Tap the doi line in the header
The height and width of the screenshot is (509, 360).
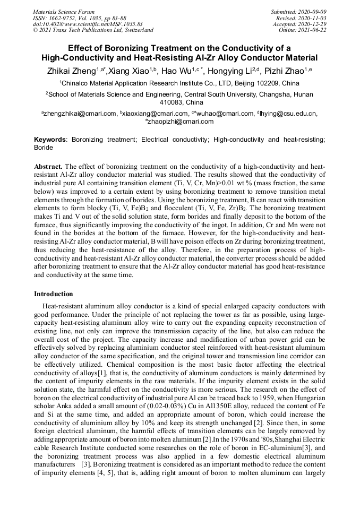pos(87,24)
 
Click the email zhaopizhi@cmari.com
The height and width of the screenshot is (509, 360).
pos(181,121)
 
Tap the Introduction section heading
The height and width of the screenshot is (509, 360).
pos(54,294)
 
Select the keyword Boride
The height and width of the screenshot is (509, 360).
pos(44,148)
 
